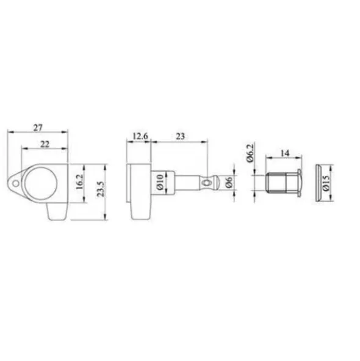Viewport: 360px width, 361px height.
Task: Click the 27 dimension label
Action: coord(38,127)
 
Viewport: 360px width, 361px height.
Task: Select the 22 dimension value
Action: coord(45,144)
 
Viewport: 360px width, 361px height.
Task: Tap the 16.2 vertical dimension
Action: coord(79,181)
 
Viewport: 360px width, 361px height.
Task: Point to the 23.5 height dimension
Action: coord(100,189)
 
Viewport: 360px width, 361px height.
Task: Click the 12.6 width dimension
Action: coord(140,136)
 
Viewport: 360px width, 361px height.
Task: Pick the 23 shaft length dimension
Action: coord(180,136)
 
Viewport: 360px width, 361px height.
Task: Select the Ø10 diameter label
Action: coord(160,182)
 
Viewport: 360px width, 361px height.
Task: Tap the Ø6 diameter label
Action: coord(229,183)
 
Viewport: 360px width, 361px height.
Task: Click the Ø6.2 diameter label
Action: coord(250,153)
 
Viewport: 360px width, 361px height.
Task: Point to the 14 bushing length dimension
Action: coord(285,153)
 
